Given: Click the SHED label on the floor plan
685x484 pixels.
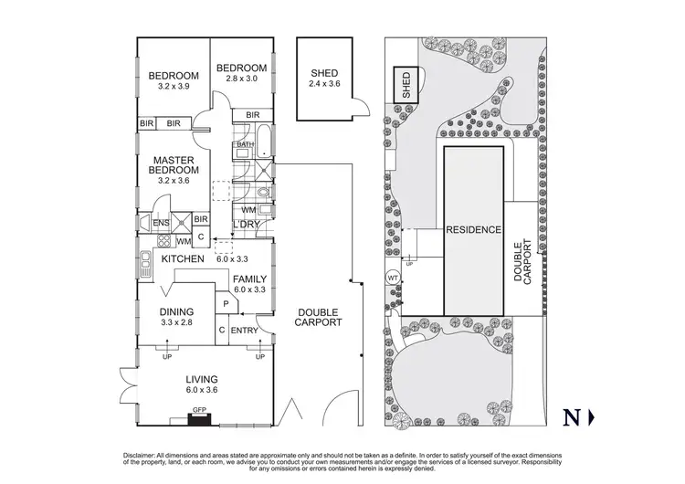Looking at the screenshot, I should pos(324,73).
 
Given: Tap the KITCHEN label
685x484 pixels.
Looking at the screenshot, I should pos(183,259).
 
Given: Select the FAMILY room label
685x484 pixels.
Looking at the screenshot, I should pos(248,278).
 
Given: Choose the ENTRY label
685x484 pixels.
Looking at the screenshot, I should pos(244,331).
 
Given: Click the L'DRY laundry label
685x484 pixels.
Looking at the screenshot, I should pos(248,224).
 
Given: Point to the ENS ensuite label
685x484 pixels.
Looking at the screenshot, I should pos(161,221).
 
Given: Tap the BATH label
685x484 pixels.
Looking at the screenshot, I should pos(245,144).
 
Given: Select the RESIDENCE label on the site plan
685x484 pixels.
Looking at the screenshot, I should pos(474,230).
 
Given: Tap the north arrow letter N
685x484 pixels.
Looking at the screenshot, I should pos(573,418).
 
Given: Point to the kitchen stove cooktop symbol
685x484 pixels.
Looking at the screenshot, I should pos(165,241).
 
